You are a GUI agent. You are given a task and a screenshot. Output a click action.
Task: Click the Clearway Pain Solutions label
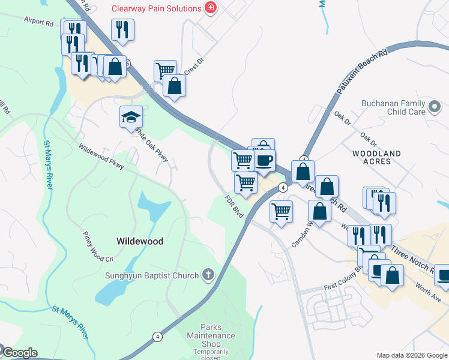tap(156, 8)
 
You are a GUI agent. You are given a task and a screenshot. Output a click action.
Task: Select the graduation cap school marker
tap(130, 117)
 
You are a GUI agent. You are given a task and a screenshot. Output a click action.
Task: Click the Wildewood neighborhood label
tap(139, 241)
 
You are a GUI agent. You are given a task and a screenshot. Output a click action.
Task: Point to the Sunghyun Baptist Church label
tap(152, 276)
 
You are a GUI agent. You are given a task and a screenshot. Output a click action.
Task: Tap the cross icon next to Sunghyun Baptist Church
tap(208, 275)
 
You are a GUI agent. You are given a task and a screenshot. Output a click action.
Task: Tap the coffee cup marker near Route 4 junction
tap(264, 160)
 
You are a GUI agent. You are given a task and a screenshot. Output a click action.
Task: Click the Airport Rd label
tap(39, 22)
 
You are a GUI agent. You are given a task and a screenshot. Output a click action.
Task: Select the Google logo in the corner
tap(20, 353)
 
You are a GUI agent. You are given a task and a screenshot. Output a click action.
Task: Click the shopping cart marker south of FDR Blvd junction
tap(281, 212)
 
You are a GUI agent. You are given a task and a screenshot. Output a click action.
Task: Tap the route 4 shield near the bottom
tap(157, 337)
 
